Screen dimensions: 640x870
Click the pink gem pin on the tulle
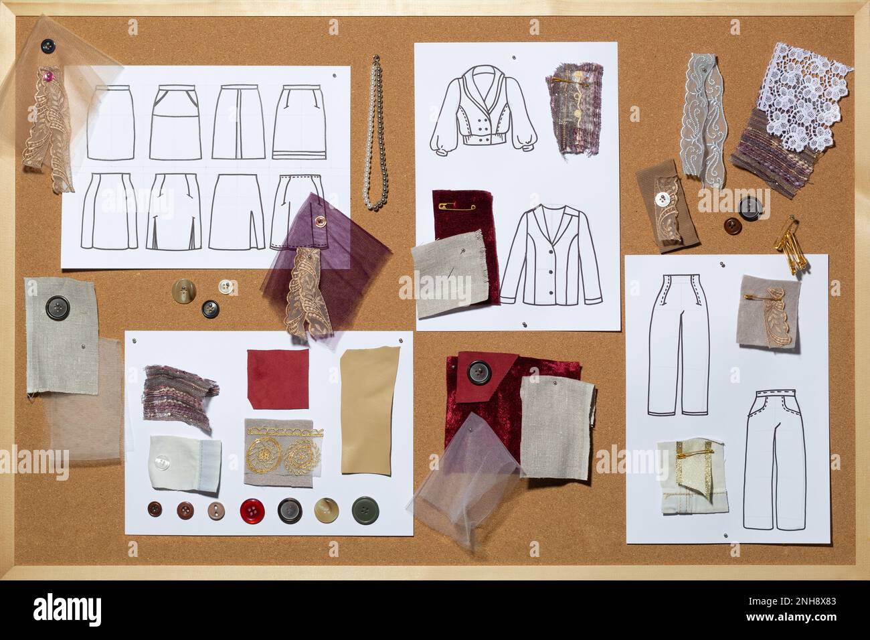coord(48,74)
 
